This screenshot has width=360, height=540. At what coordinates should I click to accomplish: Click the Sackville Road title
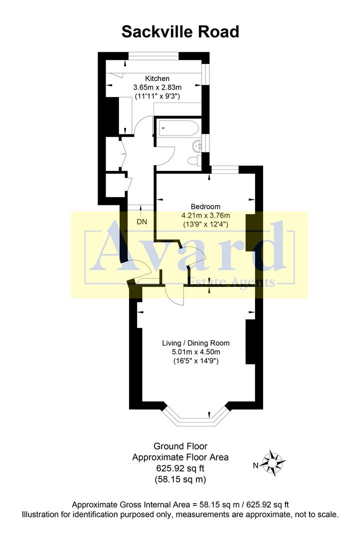pos(180,32)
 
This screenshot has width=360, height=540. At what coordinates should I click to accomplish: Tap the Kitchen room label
pos(157,78)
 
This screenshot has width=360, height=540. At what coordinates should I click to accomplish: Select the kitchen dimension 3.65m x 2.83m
pos(157,87)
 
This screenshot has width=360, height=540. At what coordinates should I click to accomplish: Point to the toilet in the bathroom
pos(192,160)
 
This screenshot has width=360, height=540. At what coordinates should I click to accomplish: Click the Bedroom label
pos(205,206)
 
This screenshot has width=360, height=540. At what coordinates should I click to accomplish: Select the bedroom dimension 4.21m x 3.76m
pos(205,215)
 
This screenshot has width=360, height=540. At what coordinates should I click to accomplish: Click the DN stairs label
pos(142,221)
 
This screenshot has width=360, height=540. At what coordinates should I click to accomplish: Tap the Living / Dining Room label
pos(195,343)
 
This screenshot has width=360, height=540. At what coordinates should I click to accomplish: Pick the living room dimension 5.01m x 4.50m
pos(195,351)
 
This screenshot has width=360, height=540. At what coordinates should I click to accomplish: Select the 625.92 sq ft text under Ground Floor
pos(180,468)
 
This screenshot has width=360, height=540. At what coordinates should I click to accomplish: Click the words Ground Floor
pos(180,446)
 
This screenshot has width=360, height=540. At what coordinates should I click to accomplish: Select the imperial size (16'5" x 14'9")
pos(195,360)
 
